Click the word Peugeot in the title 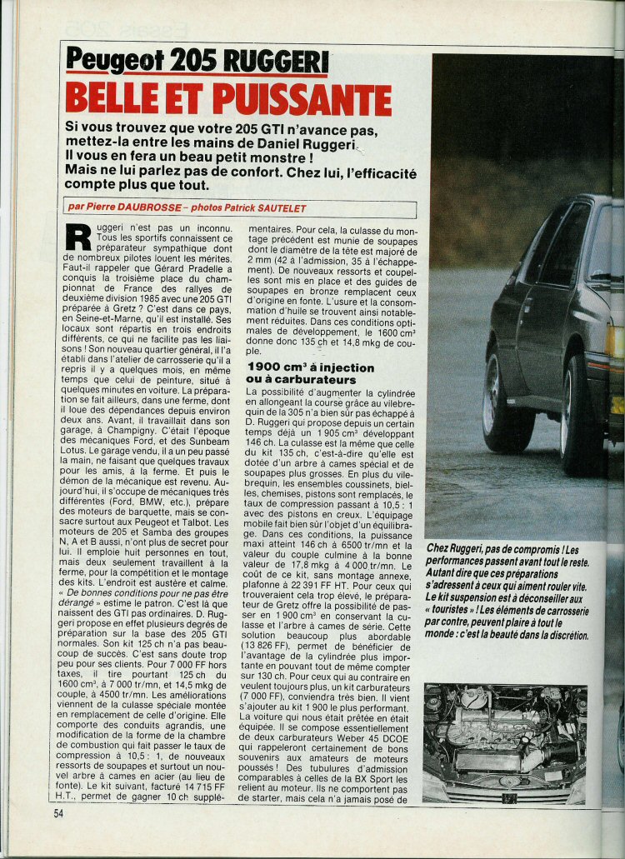click(114, 61)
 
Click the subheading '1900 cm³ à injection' click(310, 367)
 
